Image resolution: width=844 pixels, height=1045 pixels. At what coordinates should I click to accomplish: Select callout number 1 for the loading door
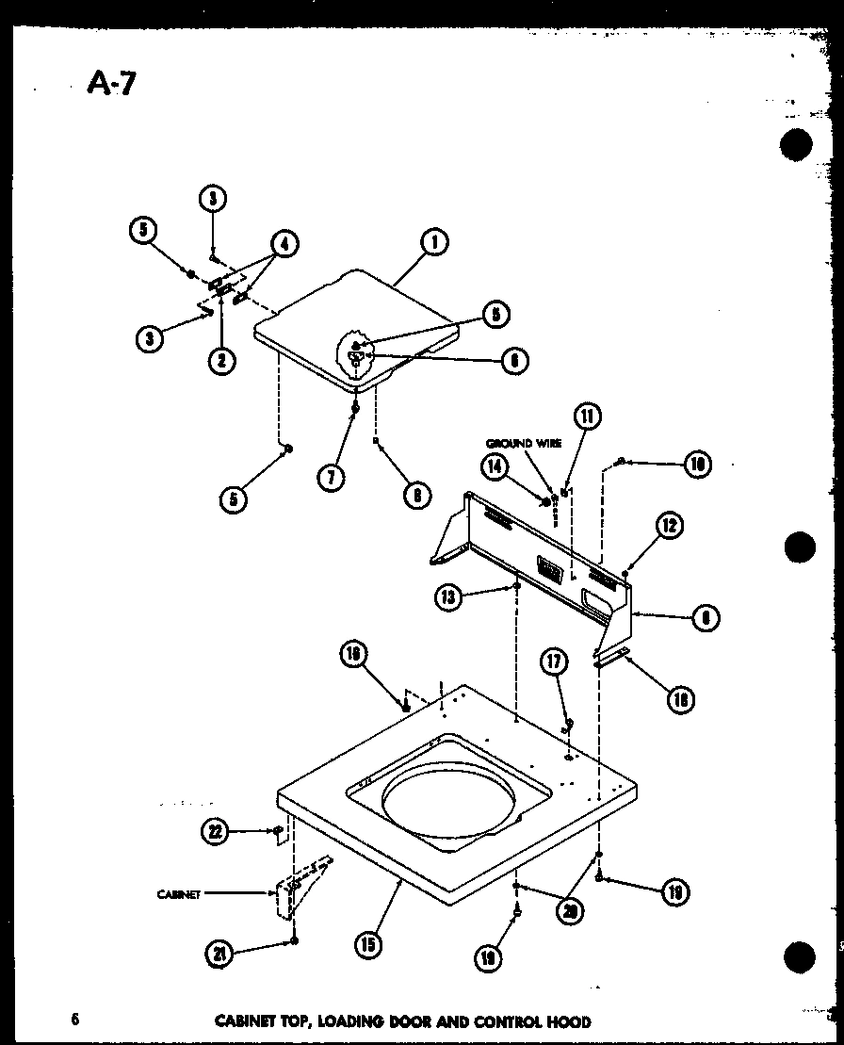coord(433,242)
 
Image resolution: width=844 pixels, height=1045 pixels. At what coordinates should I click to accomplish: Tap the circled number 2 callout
coord(221,360)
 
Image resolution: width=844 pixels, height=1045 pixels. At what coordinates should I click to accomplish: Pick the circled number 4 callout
coord(283,244)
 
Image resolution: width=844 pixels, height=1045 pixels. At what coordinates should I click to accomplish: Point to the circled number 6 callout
coord(514,360)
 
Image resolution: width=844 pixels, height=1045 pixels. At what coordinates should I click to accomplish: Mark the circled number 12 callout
coord(670,527)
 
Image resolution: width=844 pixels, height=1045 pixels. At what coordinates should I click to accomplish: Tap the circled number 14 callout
coord(496,465)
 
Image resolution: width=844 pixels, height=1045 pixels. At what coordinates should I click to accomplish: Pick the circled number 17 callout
coord(553,664)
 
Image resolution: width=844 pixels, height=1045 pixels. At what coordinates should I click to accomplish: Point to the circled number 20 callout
coord(567,910)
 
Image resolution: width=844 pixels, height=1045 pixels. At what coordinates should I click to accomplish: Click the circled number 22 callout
coord(216,830)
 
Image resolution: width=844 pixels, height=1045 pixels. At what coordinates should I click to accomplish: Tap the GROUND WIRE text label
coord(524,443)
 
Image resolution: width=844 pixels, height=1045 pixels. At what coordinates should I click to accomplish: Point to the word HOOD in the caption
coord(570,1021)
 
